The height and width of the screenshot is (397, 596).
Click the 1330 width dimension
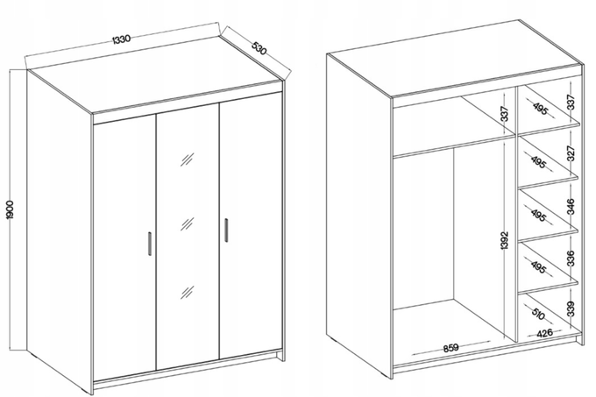[x=122, y=39]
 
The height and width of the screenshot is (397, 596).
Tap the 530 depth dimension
[x=259, y=48]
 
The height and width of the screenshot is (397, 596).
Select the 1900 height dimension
[x=10, y=209]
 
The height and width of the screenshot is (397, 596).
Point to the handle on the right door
[x=226, y=230]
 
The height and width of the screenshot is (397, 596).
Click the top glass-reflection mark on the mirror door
[x=187, y=160]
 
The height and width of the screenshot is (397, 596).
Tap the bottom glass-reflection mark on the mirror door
[x=187, y=292]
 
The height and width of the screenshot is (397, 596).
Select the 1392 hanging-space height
[x=504, y=241]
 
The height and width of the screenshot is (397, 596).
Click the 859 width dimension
[x=451, y=347]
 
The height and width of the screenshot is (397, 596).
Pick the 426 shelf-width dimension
[x=544, y=333]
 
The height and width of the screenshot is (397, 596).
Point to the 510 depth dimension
[x=538, y=314]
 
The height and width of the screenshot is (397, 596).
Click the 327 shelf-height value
[x=571, y=153]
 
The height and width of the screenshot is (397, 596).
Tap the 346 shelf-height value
[x=571, y=206]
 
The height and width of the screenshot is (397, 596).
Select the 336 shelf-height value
[x=571, y=258]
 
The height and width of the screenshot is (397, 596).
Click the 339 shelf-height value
[x=571, y=308]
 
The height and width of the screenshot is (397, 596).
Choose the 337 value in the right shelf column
[x=571, y=103]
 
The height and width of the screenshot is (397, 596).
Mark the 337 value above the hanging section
[x=504, y=114]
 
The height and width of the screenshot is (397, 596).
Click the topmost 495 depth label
[x=540, y=109]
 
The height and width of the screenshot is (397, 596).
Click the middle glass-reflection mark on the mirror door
[x=187, y=224]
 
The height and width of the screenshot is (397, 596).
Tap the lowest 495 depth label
[x=538, y=267]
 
